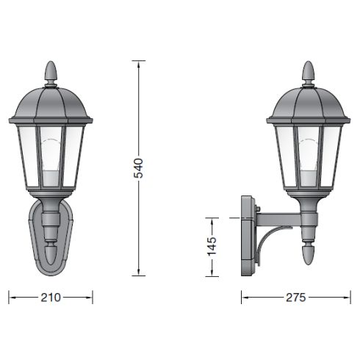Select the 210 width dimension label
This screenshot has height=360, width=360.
pyautogui.click(x=51, y=298)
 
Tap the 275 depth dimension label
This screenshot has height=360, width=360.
pyautogui.click(x=297, y=298)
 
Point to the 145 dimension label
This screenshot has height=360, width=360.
pyautogui.click(x=212, y=246)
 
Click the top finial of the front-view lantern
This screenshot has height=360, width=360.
pyautogui.click(x=51, y=72)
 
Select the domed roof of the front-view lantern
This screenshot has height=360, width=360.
pyautogui.click(x=51, y=104)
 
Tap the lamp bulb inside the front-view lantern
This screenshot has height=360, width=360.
pyautogui.click(x=51, y=162)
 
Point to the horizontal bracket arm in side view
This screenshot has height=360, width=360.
pyautogui.click(x=279, y=217)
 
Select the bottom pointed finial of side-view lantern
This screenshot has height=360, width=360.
pyautogui.click(x=309, y=257)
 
